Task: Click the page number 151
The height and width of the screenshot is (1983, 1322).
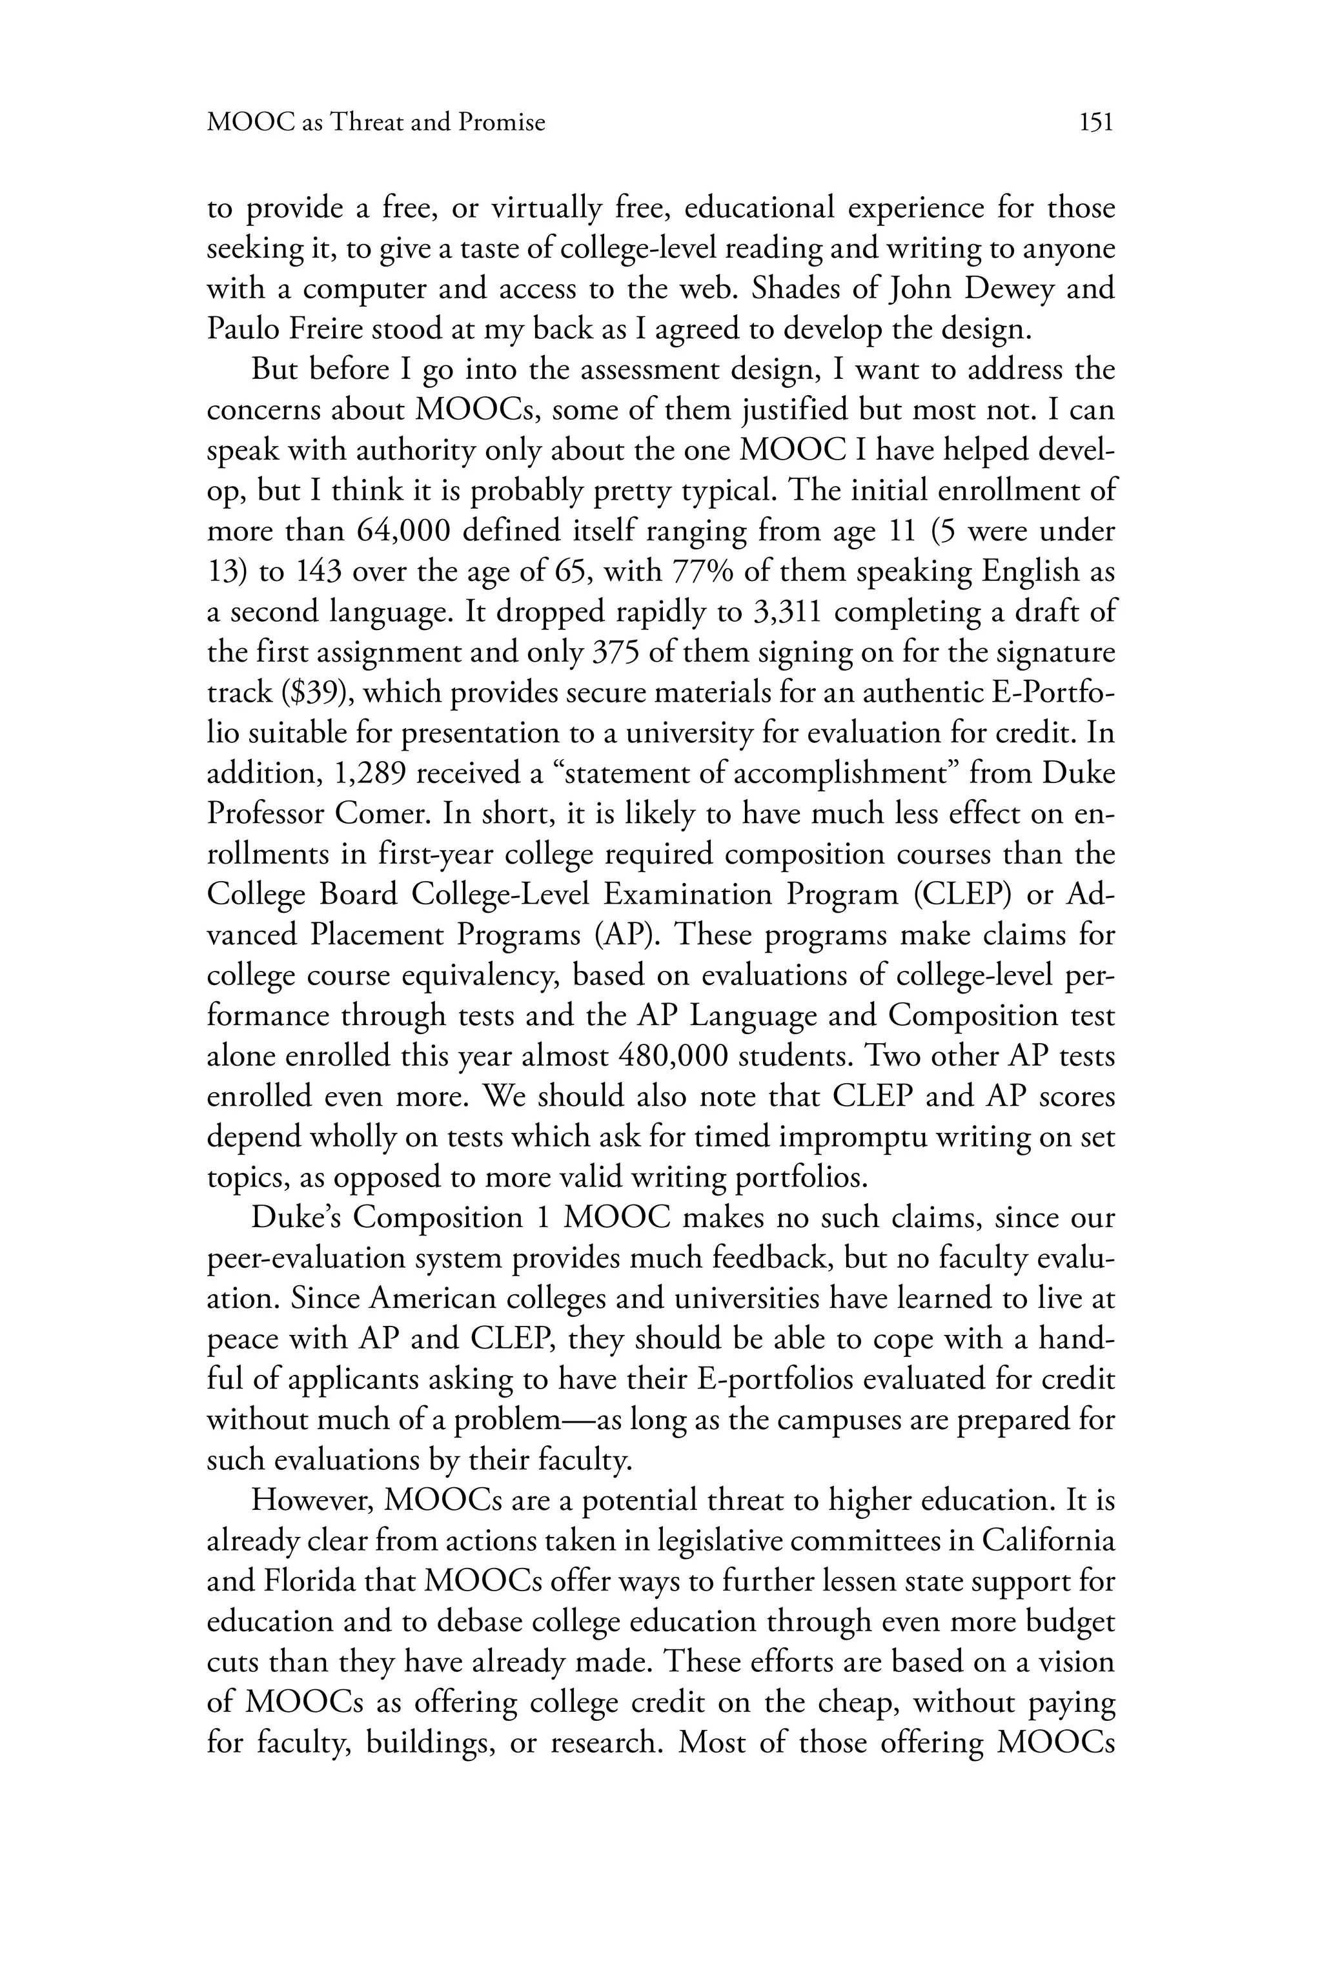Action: (1095, 123)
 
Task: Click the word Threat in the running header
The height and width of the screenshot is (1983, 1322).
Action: (367, 123)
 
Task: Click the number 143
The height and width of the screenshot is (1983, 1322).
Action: (318, 572)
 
